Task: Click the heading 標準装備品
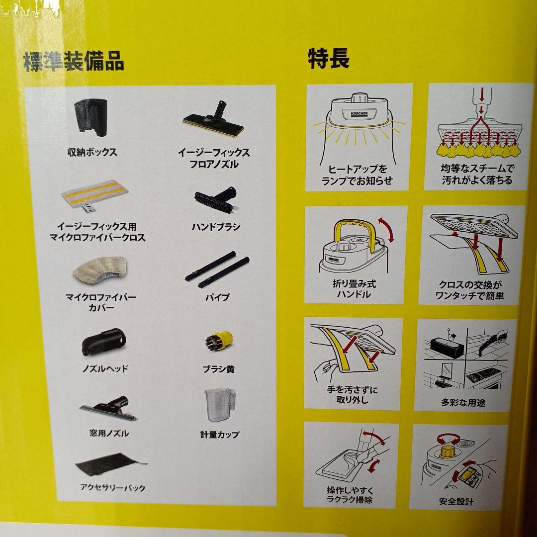74,62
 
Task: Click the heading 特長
329,59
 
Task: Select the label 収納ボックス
92,152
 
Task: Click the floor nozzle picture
214,119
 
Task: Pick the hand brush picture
216,199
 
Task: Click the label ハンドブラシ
216,227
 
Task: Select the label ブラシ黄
218,369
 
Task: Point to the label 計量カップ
220,434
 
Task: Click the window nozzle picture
108,409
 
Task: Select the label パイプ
217,297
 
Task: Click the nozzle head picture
104,342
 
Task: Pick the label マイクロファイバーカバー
101,302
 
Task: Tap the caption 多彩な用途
463,403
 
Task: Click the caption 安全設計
456,502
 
